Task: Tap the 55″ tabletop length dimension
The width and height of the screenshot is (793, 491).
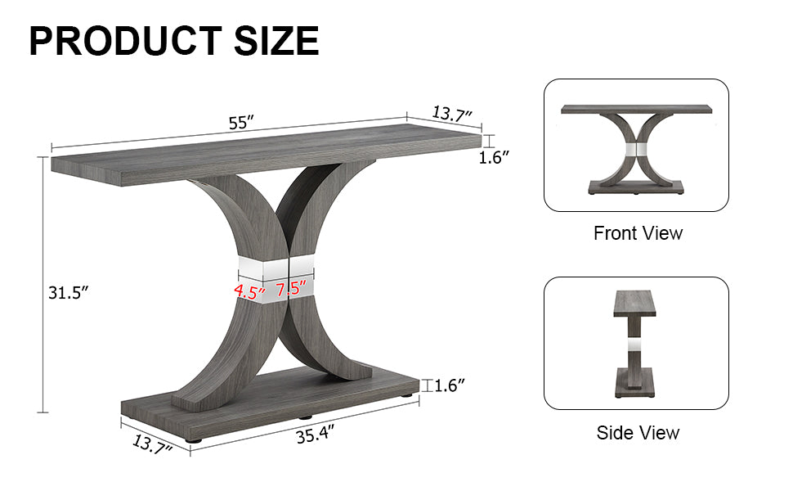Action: click(241, 123)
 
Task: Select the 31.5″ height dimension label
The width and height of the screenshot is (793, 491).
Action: click(68, 292)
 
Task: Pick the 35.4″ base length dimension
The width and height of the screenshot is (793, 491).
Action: click(315, 436)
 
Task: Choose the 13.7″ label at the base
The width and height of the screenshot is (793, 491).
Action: click(152, 445)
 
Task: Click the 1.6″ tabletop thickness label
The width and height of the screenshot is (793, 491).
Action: click(494, 158)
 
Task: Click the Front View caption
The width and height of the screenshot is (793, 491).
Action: click(637, 233)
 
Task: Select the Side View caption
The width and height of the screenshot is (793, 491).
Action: click(637, 433)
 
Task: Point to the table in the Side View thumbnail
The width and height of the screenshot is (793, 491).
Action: click(634, 343)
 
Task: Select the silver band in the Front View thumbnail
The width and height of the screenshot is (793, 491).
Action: click(635, 151)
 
